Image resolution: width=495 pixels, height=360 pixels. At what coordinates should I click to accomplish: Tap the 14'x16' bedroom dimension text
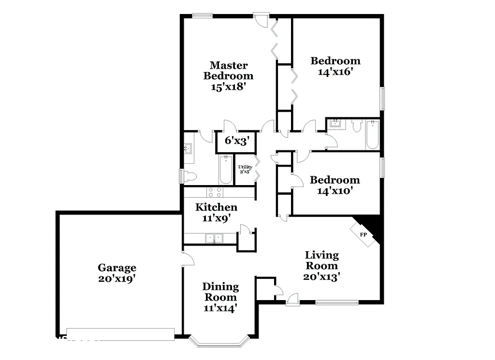tap(335, 72)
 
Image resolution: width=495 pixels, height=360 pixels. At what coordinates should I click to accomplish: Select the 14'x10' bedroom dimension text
tap(335, 191)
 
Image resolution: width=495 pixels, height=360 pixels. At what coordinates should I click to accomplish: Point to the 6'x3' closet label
tap(237, 141)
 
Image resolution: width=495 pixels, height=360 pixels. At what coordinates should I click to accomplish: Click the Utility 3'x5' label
tap(245, 169)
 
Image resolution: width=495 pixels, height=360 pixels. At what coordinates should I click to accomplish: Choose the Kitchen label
tap(216, 207)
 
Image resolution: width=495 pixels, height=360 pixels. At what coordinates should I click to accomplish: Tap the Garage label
tap(117, 268)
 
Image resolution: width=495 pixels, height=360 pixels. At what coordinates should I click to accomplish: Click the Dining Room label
tap(220, 292)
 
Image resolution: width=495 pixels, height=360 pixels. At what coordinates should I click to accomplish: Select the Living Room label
tap(321, 260)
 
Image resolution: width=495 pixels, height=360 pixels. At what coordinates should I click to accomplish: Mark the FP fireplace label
tap(364, 234)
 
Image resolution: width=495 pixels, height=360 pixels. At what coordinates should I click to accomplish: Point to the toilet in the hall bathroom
tap(357, 126)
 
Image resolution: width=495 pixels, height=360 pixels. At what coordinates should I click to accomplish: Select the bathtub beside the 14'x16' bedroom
tap(372, 134)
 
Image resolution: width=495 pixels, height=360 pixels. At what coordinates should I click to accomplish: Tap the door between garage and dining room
tap(187, 259)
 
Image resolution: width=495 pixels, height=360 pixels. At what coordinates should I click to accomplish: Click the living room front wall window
tap(337, 303)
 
